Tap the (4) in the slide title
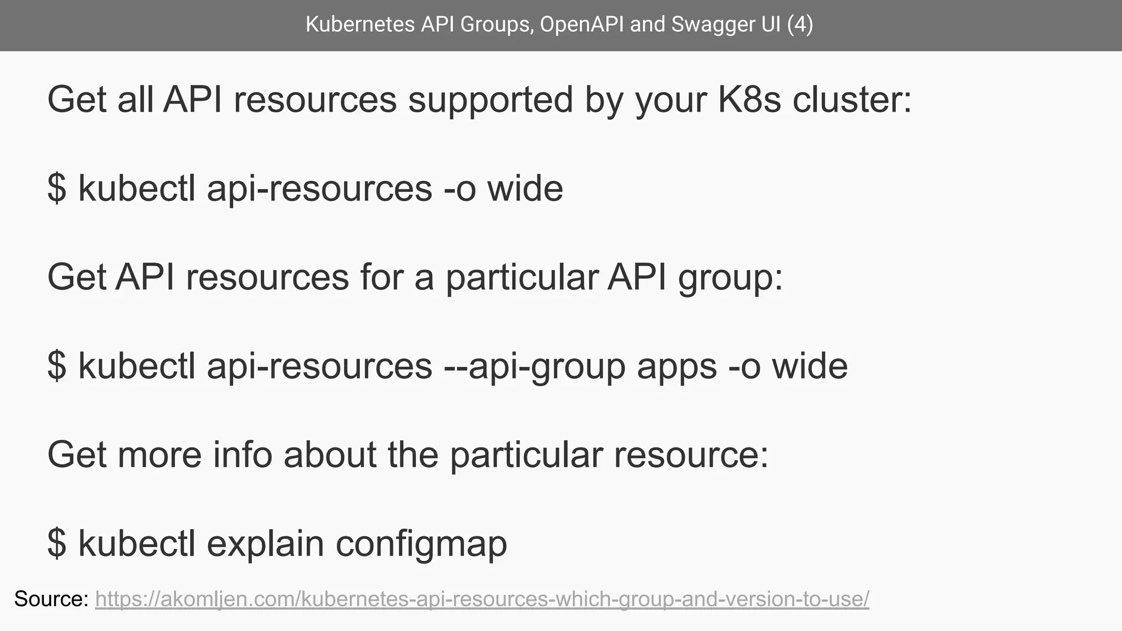coord(799,25)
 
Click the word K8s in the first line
coord(749,100)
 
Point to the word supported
coord(490,101)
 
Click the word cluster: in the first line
coord(852,100)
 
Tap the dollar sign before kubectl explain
coord(56,543)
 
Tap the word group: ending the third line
coord(730,278)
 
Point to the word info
coord(242,455)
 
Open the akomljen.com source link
coord(482,599)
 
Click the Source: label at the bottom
coord(51,599)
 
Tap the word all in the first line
coord(135,100)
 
